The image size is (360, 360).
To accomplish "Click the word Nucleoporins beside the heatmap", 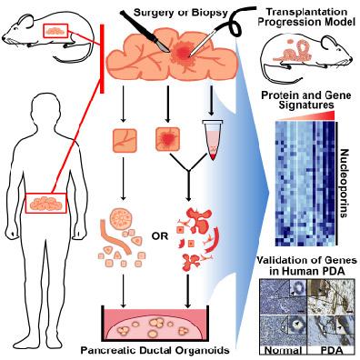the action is [344, 184].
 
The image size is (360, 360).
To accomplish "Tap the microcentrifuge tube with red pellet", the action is [212, 140].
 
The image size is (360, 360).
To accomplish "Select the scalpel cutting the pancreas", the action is [145, 31].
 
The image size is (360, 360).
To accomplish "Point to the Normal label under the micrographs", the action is [284, 351].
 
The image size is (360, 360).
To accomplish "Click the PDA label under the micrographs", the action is [331, 351].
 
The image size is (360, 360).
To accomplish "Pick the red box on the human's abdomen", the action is [45, 203].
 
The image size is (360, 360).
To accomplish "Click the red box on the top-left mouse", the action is [56, 31].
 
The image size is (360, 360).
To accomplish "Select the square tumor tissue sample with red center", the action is [167, 139].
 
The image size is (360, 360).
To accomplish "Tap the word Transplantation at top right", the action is [306, 12].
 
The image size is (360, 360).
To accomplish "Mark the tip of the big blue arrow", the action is [269, 192].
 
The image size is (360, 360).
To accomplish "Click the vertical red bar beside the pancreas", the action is [103, 58].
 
